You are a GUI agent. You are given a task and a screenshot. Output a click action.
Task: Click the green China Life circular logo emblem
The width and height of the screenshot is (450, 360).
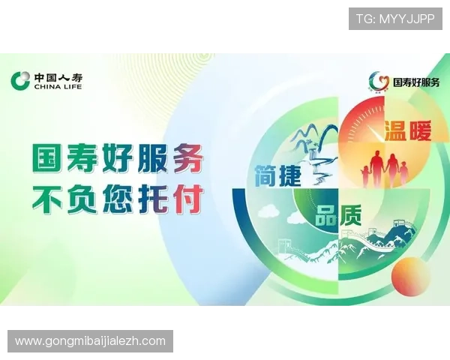20,80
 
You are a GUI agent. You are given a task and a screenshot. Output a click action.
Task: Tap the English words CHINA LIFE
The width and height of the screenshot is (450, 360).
58,87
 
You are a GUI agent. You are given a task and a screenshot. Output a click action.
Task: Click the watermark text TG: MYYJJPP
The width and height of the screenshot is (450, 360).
395,18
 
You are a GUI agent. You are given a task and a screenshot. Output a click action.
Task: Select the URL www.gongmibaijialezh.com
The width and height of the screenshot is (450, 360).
90,341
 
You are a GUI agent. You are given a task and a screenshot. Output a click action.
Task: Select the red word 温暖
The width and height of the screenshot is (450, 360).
408,132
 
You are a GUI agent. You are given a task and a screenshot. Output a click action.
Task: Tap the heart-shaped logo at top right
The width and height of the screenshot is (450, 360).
379,81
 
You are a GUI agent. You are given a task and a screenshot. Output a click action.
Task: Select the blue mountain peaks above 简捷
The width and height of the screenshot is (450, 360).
308,138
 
